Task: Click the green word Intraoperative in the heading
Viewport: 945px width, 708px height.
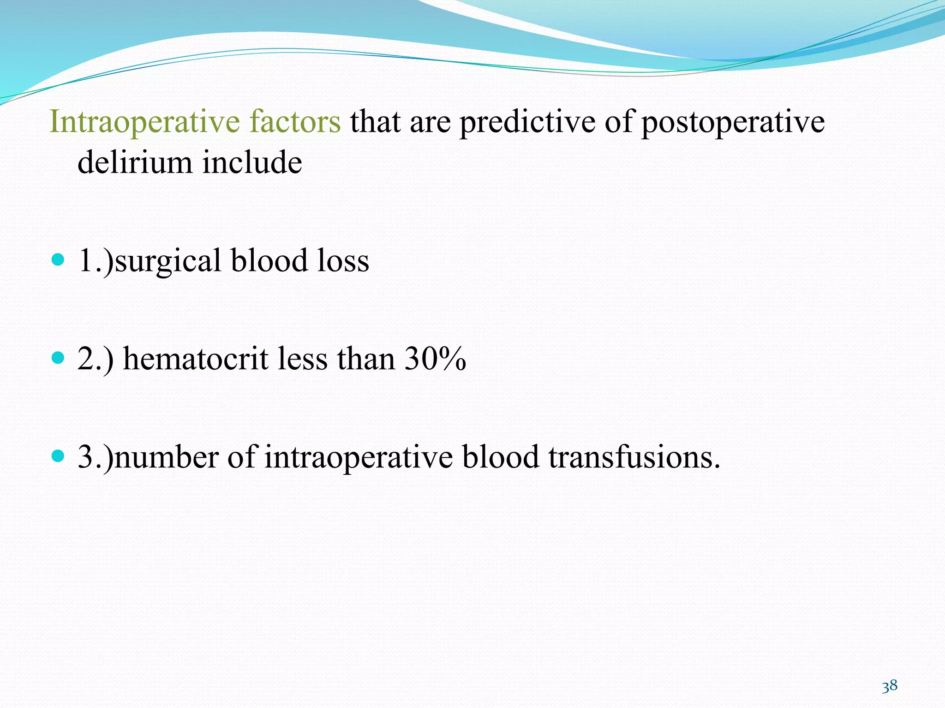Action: coord(144,122)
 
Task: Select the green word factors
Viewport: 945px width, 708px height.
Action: coord(295,122)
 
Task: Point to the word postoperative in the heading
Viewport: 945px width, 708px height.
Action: coord(733,123)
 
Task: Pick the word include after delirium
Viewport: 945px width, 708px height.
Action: coord(252,162)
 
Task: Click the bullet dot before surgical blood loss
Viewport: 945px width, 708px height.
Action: coord(58,260)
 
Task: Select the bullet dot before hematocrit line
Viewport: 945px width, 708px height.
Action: coord(58,358)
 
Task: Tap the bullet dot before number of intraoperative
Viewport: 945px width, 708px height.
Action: coord(58,456)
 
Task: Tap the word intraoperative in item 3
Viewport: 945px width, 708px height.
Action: coord(359,458)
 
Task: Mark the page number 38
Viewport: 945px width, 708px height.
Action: coord(890,686)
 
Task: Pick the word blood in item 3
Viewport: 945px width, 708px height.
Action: coord(501,457)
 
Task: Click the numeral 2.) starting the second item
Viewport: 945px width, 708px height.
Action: coord(95,360)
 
